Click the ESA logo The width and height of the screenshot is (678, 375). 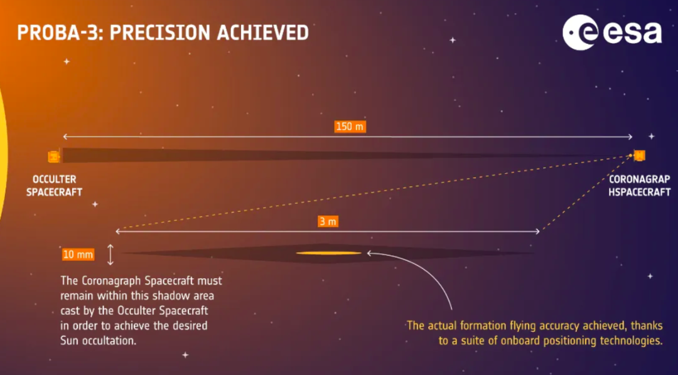[612, 33]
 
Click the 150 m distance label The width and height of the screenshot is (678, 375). [350, 127]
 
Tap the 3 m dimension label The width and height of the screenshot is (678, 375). [328, 221]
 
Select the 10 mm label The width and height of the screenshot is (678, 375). [78, 255]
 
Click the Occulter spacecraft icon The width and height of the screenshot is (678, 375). [54, 156]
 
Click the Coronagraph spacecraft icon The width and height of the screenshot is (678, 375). [639, 155]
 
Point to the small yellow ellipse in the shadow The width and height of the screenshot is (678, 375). [328, 253]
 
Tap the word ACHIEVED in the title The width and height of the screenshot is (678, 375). [263, 33]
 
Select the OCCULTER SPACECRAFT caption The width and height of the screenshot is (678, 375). [55, 186]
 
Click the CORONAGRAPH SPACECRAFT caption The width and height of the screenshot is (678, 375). [640, 186]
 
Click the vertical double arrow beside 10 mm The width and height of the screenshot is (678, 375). [110, 255]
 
